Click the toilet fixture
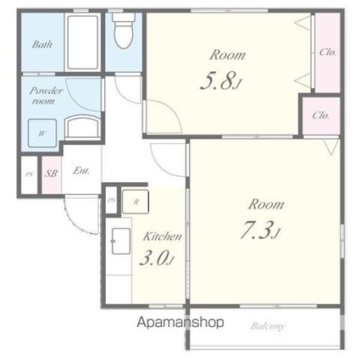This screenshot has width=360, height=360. click(x=124, y=30)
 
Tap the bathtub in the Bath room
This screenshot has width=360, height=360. click(x=83, y=42)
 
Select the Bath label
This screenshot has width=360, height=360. click(x=42, y=44)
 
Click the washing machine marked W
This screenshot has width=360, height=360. click(x=42, y=133)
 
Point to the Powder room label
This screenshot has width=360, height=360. click(x=46, y=96)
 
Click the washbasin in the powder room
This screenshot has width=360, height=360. click(x=83, y=127)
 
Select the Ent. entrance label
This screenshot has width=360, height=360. click(x=81, y=171)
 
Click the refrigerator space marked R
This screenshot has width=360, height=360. click(x=136, y=202)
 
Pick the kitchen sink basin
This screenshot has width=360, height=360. click(x=121, y=241)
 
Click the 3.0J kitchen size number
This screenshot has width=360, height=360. click(x=157, y=258)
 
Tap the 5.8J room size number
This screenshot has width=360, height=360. click(x=221, y=81)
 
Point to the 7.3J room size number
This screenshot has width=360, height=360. click(x=260, y=230)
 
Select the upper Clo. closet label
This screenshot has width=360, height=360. click(x=328, y=52)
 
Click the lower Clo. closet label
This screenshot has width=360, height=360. click(x=321, y=115)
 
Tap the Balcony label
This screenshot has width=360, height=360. click(x=268, y=326)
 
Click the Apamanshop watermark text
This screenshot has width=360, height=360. click(x=180, y=322)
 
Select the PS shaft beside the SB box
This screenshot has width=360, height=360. click(x=29, y=175)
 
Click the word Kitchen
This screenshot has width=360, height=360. click(x=163, y=236)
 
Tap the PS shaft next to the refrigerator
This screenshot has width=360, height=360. click(x=111, y=200)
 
